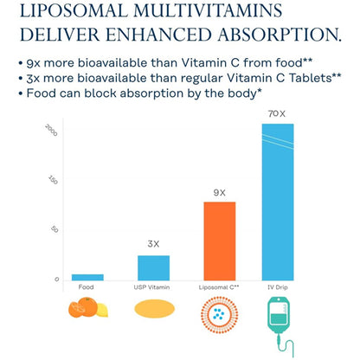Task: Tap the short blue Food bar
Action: click(87, 277)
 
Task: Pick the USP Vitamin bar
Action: click(153, 267)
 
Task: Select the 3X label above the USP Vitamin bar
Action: click(153, 244)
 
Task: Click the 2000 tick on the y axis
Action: click(51, 130)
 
